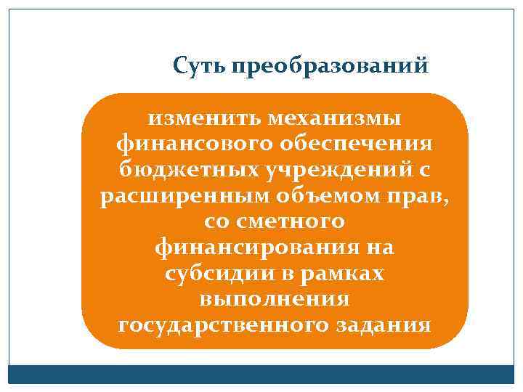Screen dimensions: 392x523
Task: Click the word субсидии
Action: coord(206,274)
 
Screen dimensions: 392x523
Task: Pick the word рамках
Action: coord(346,274)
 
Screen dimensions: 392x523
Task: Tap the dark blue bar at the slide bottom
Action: coord(261,374)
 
